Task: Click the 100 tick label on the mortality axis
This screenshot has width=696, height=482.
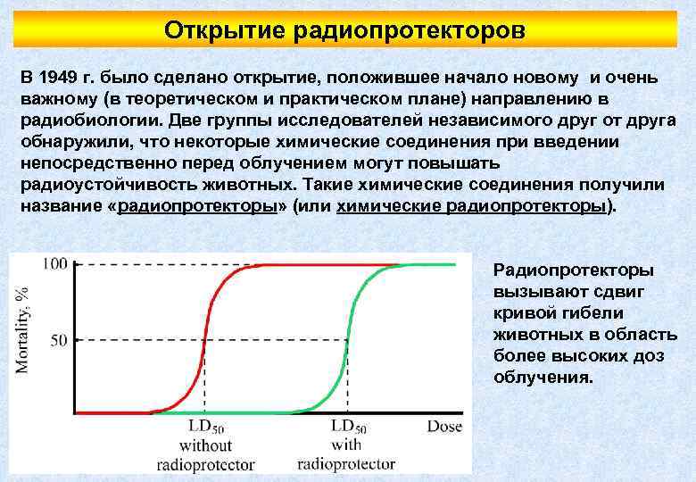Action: [55, 264]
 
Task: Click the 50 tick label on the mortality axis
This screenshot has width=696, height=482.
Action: [59, 340]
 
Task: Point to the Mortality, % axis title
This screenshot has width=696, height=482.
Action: [22, 331]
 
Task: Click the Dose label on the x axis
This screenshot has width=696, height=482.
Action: [443, 427]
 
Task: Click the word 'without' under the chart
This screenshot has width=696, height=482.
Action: [205, 445]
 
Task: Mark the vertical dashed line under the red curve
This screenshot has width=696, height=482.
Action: [205, 379]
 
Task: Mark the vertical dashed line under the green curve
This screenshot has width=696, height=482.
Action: [346, 379]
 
